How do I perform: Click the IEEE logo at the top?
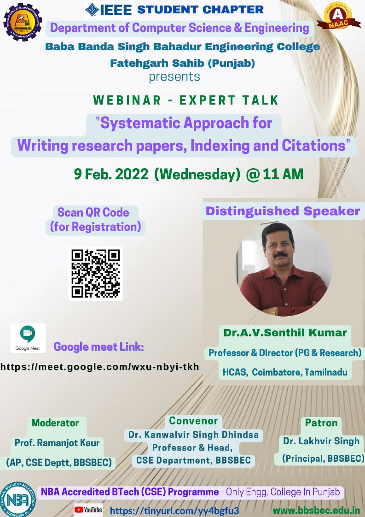[109, 10]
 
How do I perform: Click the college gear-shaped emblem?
[23, 22]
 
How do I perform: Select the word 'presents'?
[174, 76]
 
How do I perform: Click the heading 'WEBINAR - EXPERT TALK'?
[186, 100]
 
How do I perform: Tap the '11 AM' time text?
[283, 174]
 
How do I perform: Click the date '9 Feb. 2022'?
[111, 174]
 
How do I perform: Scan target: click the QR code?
[96, 273]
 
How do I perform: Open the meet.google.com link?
[100, 367]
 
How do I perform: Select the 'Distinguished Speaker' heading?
[283, 211]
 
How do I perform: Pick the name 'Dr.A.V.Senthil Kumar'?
[285, 333]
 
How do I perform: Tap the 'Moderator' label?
[55, 423]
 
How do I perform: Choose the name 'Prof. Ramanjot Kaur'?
[57, 442]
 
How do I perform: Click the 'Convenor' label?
[193, 421]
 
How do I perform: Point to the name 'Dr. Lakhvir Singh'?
[321, 441]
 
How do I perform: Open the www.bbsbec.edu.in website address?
[316, 511]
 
